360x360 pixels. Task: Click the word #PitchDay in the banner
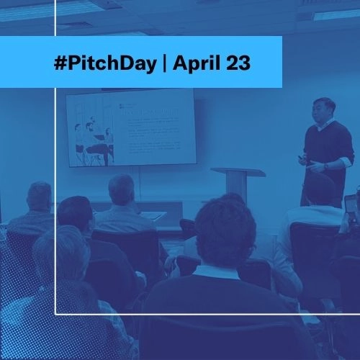pos(104,63)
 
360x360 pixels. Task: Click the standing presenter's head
pos(325,111)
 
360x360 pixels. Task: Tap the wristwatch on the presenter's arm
pos(325,166)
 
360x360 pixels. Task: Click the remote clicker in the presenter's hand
pos(302,158)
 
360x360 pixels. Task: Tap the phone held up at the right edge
pos(350,205)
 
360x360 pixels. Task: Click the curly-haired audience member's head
pos(225,230)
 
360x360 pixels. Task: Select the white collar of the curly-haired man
pos(216,271)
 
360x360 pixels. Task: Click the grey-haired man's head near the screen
pos(122,189)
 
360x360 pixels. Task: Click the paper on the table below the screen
pos(153,215)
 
